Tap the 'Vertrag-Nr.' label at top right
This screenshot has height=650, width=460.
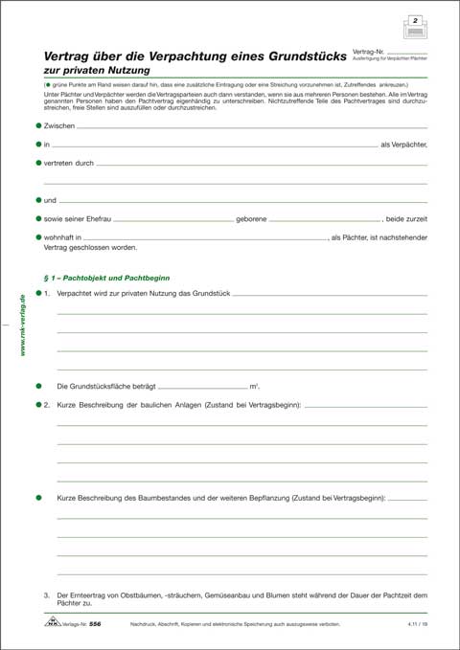368,50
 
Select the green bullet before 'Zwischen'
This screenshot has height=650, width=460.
38,125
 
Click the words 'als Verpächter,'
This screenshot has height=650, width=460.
403,145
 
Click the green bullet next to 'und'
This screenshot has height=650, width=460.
38,199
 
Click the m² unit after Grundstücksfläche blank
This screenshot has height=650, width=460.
254,386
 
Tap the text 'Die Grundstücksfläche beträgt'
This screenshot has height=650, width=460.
103,386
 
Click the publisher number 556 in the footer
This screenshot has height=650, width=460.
95,623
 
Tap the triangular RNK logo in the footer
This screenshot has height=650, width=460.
51,623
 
